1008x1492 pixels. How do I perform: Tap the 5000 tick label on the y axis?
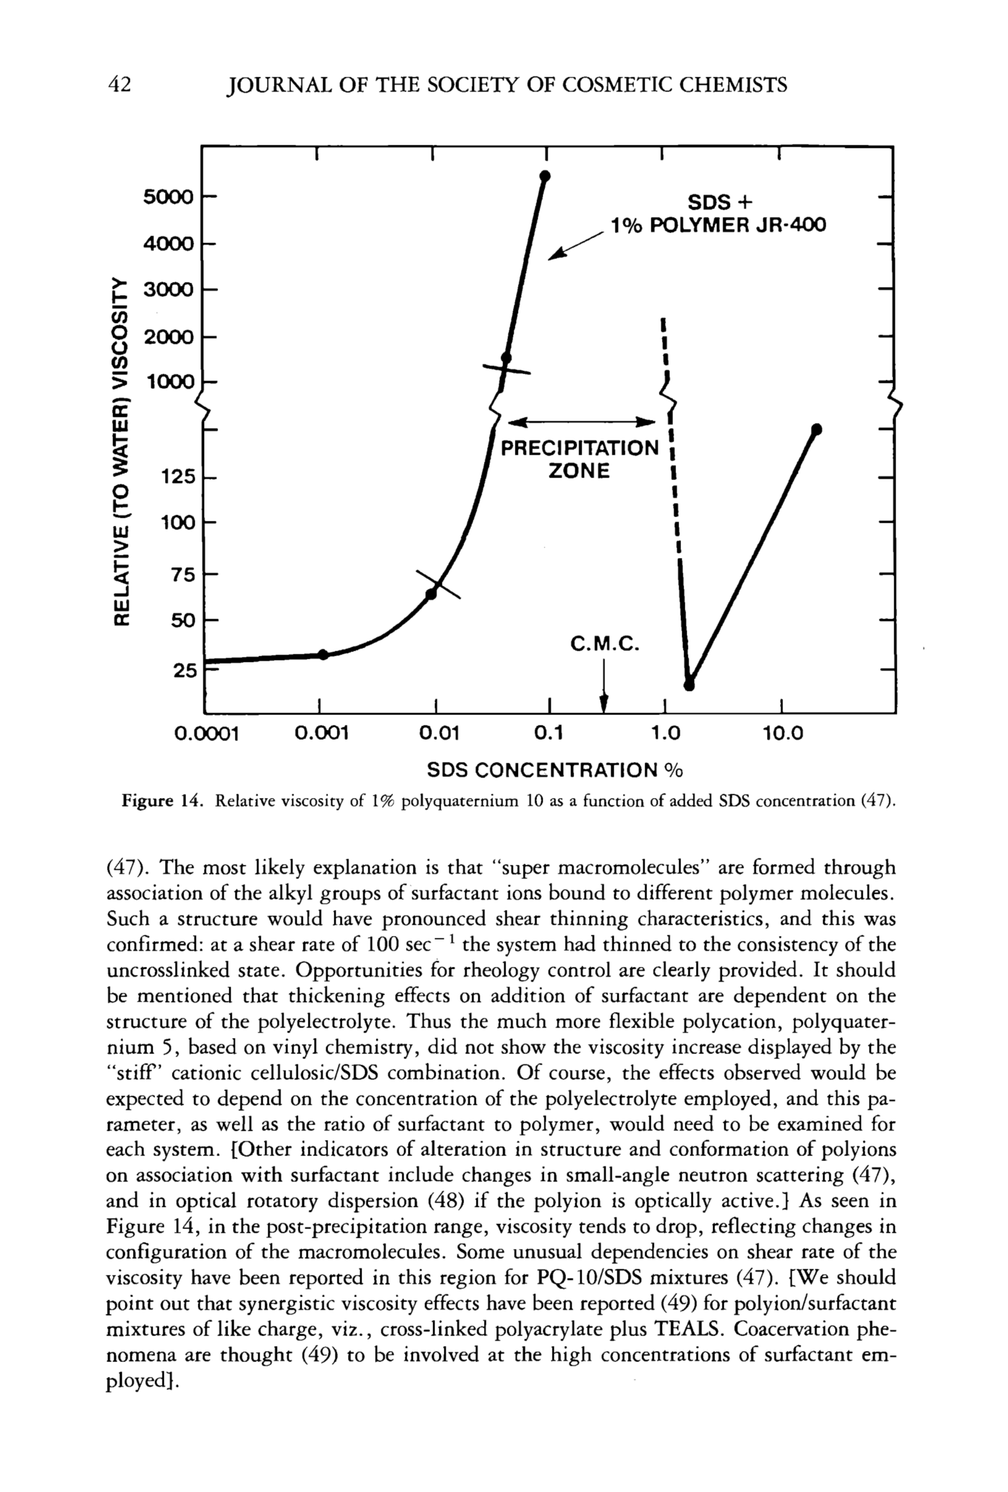pos(167,197)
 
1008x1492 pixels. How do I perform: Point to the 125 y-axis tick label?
pos(177,477)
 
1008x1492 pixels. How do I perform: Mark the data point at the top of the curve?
pos(544,176)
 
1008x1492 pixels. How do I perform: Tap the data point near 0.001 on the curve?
pos(323,654)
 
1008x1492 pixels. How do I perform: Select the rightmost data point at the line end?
pos(817,429)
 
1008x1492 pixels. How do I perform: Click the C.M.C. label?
pos(605,643)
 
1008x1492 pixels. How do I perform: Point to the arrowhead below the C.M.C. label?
pos(604,705)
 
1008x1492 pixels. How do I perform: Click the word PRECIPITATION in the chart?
pos(579,447)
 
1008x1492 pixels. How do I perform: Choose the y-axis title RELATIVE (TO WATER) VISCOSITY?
pos(120,450)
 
